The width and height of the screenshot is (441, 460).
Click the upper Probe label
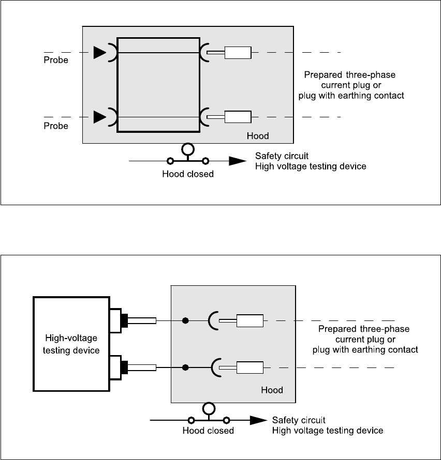[56, 60]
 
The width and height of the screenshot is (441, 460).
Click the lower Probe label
[56, 126]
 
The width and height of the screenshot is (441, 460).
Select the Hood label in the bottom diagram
[272, 390]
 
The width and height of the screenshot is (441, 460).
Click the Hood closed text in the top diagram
[188, 174]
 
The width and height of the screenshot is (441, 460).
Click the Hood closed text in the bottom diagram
[208, 430]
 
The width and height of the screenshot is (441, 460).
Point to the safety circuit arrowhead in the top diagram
[238, 161]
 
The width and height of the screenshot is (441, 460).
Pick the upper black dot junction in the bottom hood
[185, 321]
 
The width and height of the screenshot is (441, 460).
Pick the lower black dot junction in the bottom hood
[185, 368]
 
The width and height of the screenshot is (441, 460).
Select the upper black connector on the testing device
[124, 320]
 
